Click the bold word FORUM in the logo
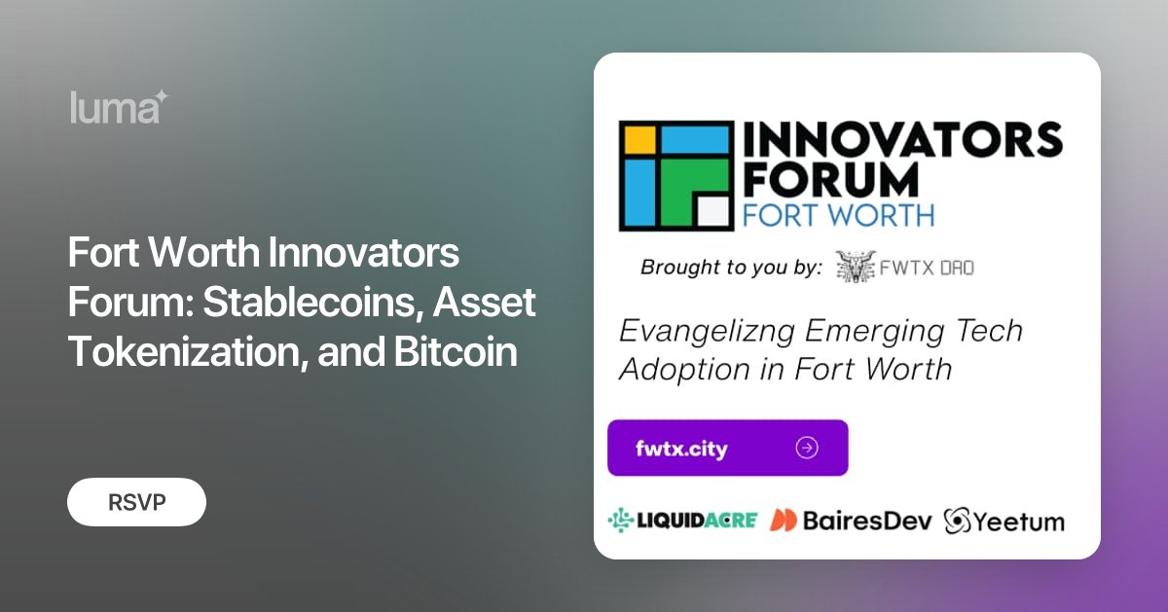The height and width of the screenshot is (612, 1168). [x=830, y=180]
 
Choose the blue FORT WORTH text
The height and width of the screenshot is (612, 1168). [x=838, y=214]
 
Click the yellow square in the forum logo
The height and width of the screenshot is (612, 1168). [x=639, y=139]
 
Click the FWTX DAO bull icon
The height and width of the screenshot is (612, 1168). [x=854, y=267]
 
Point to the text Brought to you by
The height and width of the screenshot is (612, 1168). [x=731, y=268]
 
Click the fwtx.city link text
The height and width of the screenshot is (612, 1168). [x=681, y=449]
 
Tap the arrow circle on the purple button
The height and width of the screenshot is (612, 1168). [x=807, y=448]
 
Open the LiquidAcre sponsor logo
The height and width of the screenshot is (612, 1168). [x=682, y=521]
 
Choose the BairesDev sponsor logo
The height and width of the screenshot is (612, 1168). [x=851, y=521]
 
